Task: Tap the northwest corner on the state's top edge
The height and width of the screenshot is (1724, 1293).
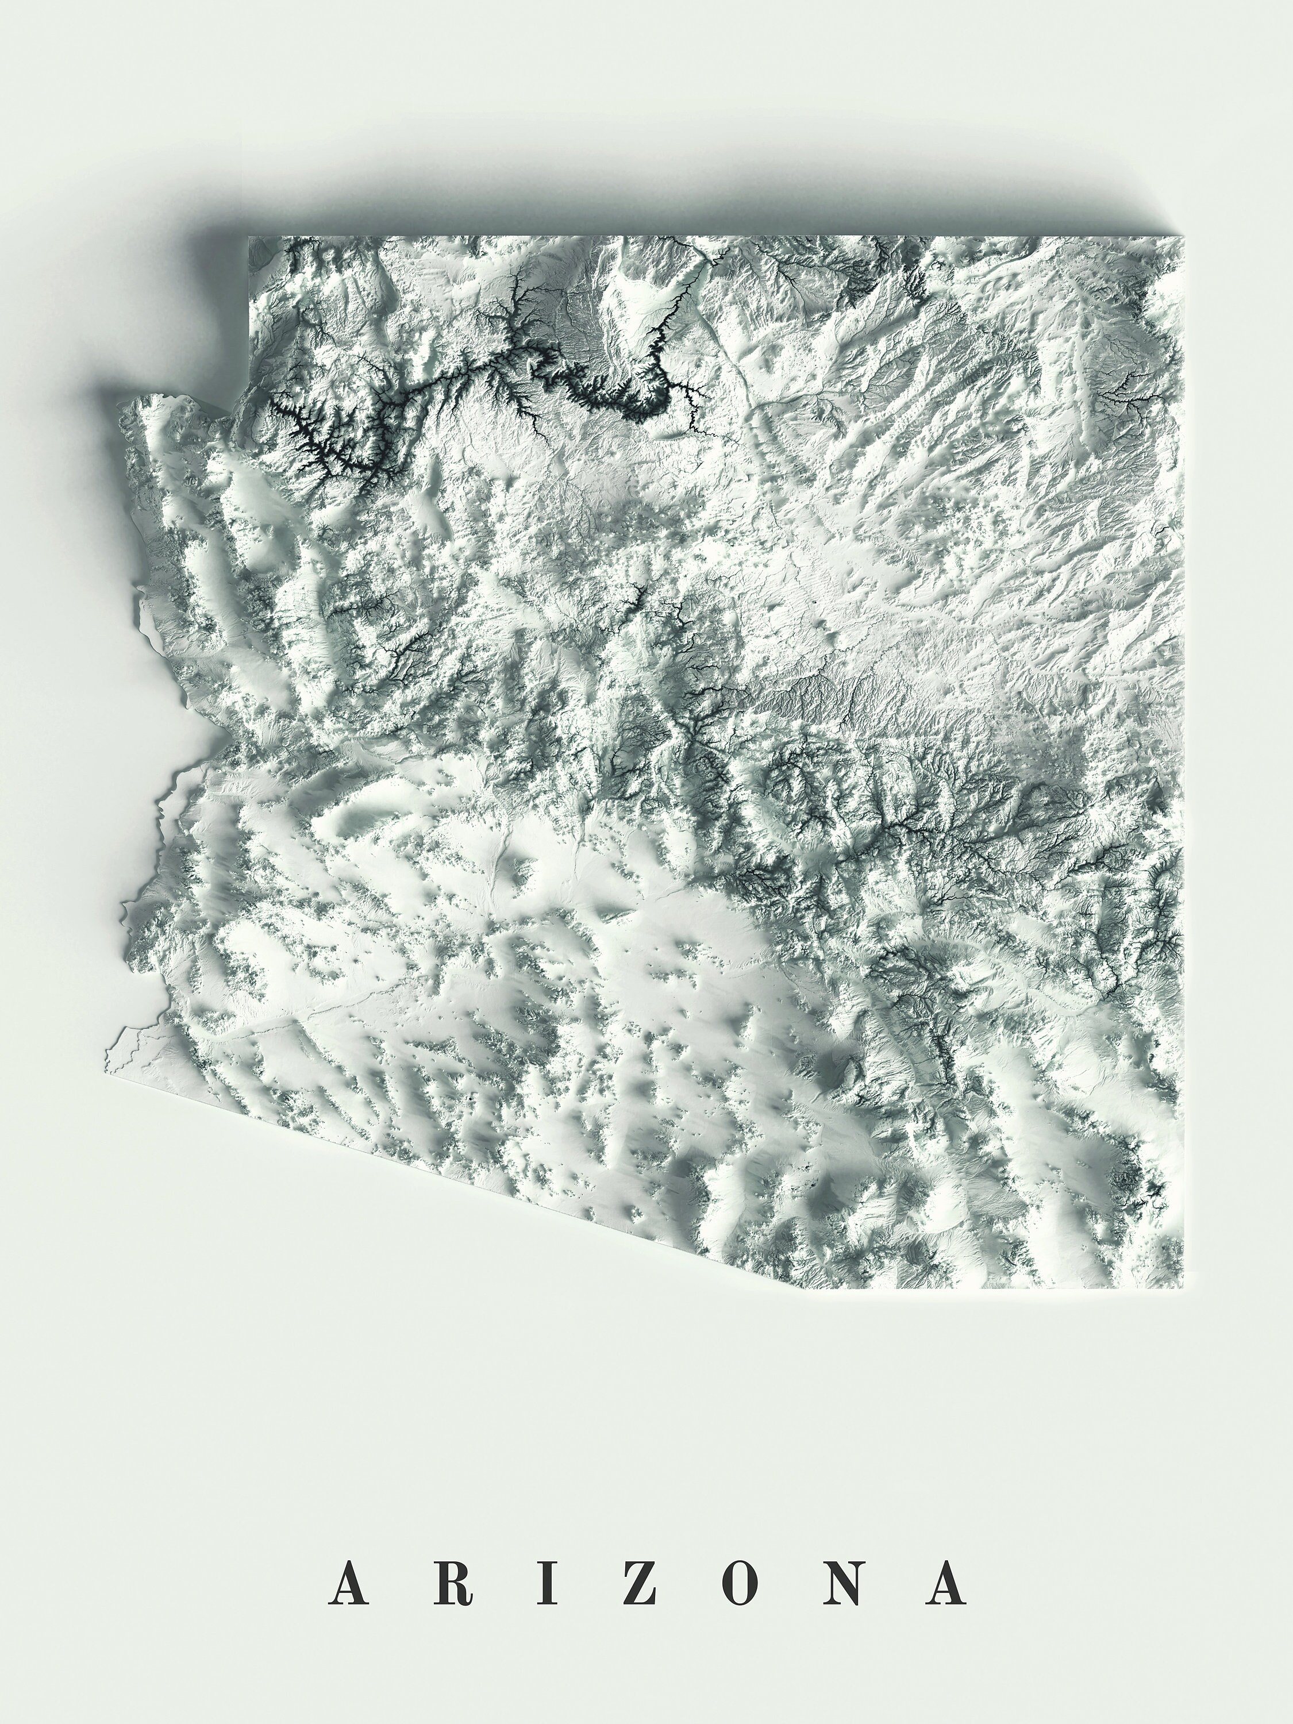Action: (249, 238)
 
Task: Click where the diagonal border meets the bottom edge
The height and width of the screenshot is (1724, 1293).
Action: (783, 1288)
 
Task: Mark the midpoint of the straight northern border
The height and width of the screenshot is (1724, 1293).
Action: (716, 238)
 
